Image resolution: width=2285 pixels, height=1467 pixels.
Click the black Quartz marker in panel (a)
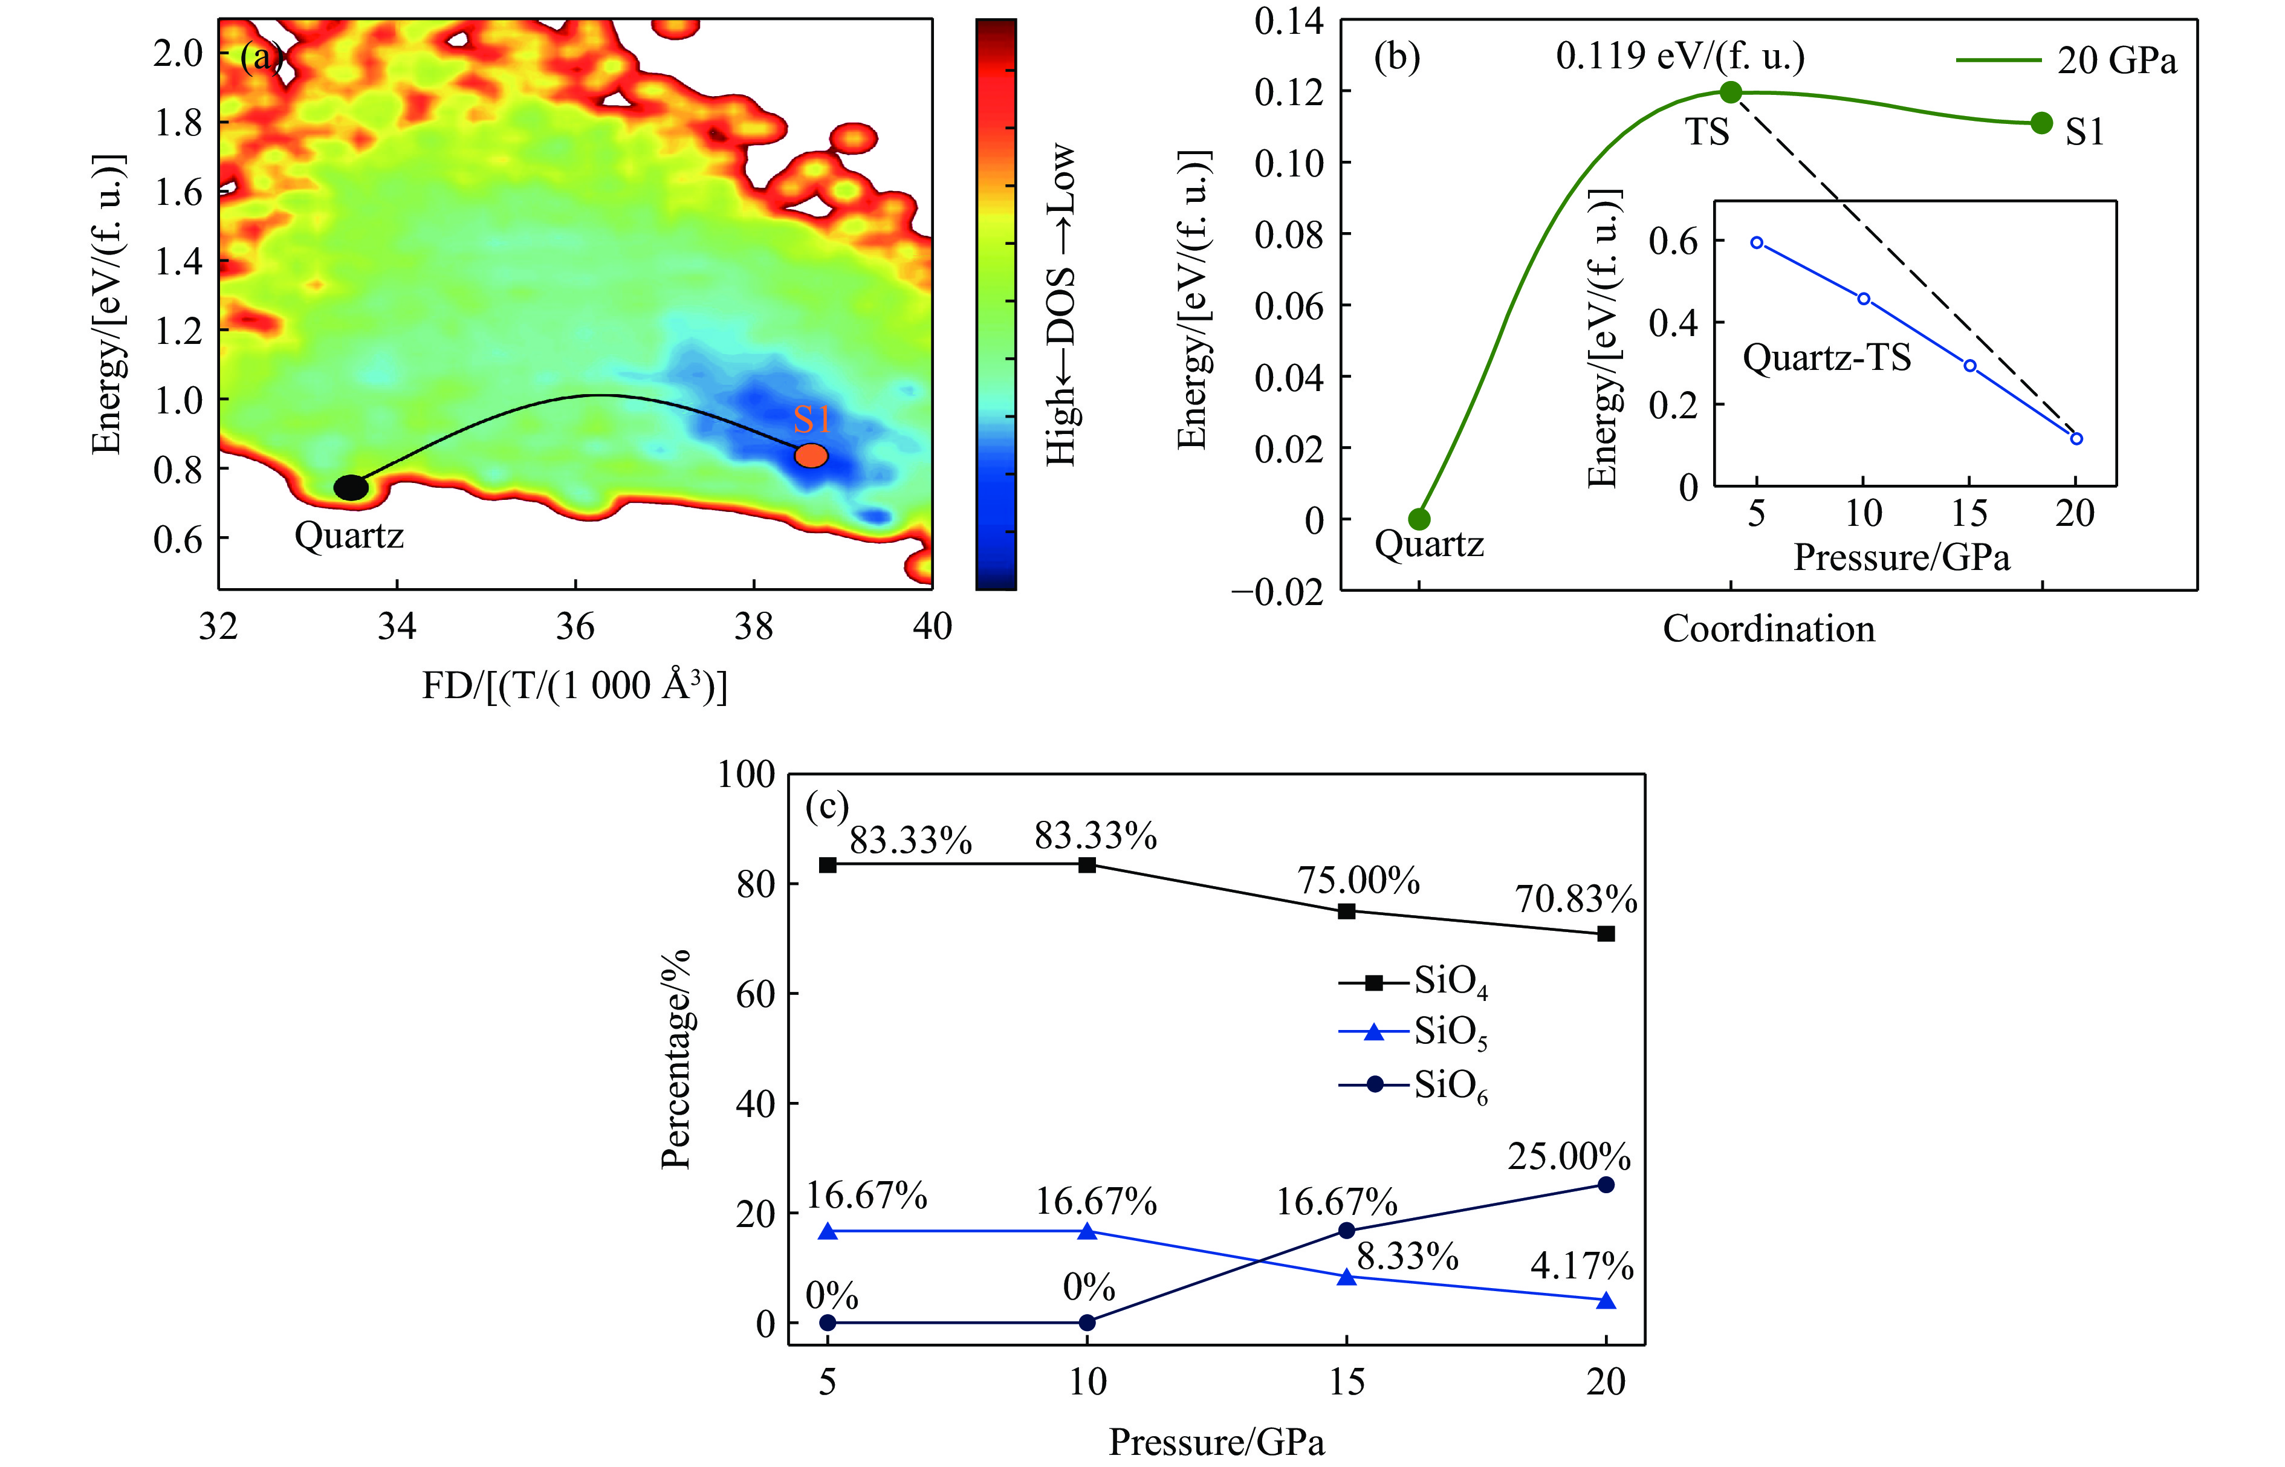[x=351, y=487]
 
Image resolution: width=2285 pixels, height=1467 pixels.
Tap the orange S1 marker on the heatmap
[x=811, y=455]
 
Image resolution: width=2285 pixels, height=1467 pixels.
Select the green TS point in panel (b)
[x=1731, y=92]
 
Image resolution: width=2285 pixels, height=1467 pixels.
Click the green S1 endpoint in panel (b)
[x=2040, y=123]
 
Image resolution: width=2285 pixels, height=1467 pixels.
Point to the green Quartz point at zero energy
[x=1419, y=519]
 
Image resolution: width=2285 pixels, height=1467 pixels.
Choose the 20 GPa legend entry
[x=2067, y=60]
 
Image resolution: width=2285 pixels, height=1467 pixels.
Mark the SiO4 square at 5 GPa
[x=828, y=865]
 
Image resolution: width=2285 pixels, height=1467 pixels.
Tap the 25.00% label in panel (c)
[x=1569, y=1156]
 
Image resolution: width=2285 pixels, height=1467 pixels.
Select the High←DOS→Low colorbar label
[x=1061, y=305]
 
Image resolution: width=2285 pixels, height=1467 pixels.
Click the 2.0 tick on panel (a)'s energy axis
[x=178, y=53]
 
